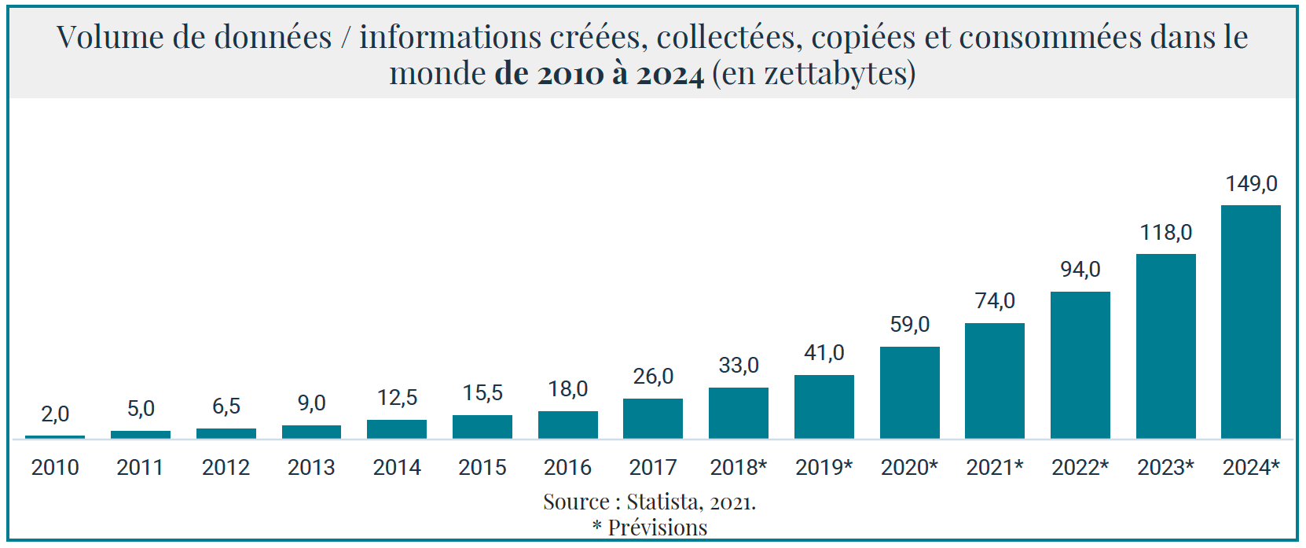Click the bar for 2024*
coord(1250,322)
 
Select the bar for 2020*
coord(909,392)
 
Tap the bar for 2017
coord(653,418)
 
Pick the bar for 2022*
coord(1080,365)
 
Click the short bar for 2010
coord(55,436)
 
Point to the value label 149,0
coord(1251,184)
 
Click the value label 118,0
coord(1165,233)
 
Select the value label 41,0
coord(824,353)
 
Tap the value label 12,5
coord(397,398)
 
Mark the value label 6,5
coord(226,406)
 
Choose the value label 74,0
coord(995,301)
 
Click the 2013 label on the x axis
coord(311,468)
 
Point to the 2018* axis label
coord(738,468)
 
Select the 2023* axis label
coord(1165,468)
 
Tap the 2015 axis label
coord(482,468)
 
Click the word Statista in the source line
coord(663,502)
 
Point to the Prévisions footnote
coord(657,528)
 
